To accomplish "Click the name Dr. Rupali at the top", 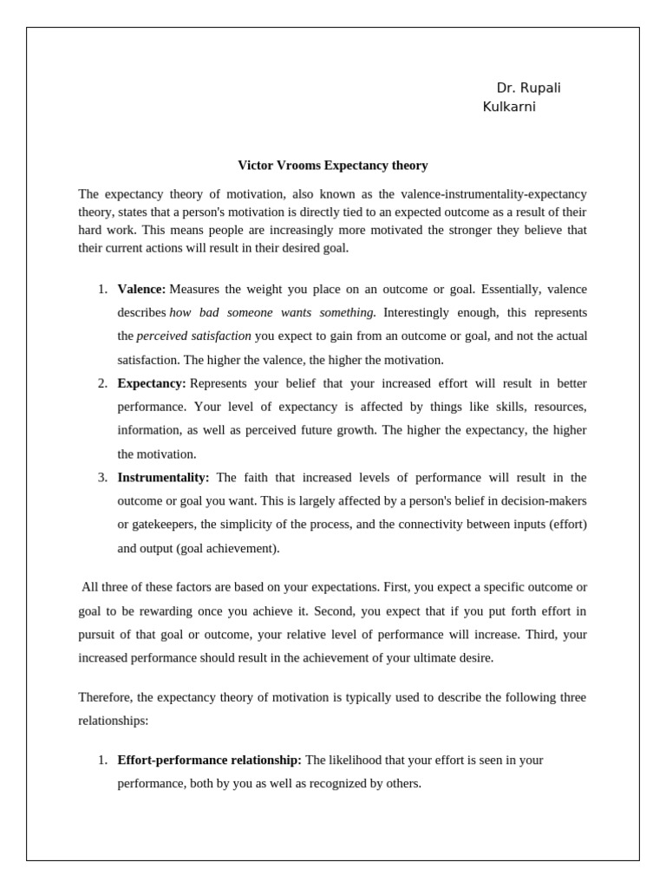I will point(528,88).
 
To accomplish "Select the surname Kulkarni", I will point(509,107).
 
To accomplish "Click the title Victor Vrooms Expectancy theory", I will point(333,165).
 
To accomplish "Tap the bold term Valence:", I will point(141,289).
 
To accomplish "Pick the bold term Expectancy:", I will point(152,383).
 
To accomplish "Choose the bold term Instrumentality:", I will point(163,477).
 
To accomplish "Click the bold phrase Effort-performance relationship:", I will point(209,760).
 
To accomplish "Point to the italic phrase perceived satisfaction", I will point(193,336).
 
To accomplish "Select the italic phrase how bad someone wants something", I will point(272,312).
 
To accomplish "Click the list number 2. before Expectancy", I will point(102,383).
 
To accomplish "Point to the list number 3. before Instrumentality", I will point(102,477).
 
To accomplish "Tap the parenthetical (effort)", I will point(568,525).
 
